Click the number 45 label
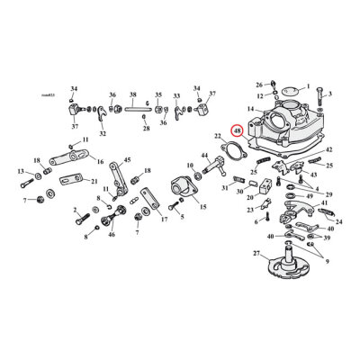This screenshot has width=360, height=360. tap(127, 159)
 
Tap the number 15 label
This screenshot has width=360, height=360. tap(202, 207)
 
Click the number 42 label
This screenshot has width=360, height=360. tap(329, 148)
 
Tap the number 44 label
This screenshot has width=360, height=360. tap(205, 157)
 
